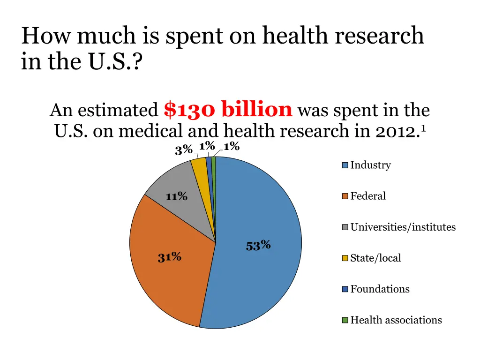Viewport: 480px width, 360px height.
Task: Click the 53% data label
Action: click(x=258, y=245)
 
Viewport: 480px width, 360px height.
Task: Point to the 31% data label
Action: click(x=170, y=257)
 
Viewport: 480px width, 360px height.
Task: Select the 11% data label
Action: click(x=177, y=196)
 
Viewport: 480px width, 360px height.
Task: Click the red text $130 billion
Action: click(x=228, y=110)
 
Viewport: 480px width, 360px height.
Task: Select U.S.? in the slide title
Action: click(x=113, y=61)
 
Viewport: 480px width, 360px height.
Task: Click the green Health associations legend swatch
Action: click(x=345, y=320)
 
